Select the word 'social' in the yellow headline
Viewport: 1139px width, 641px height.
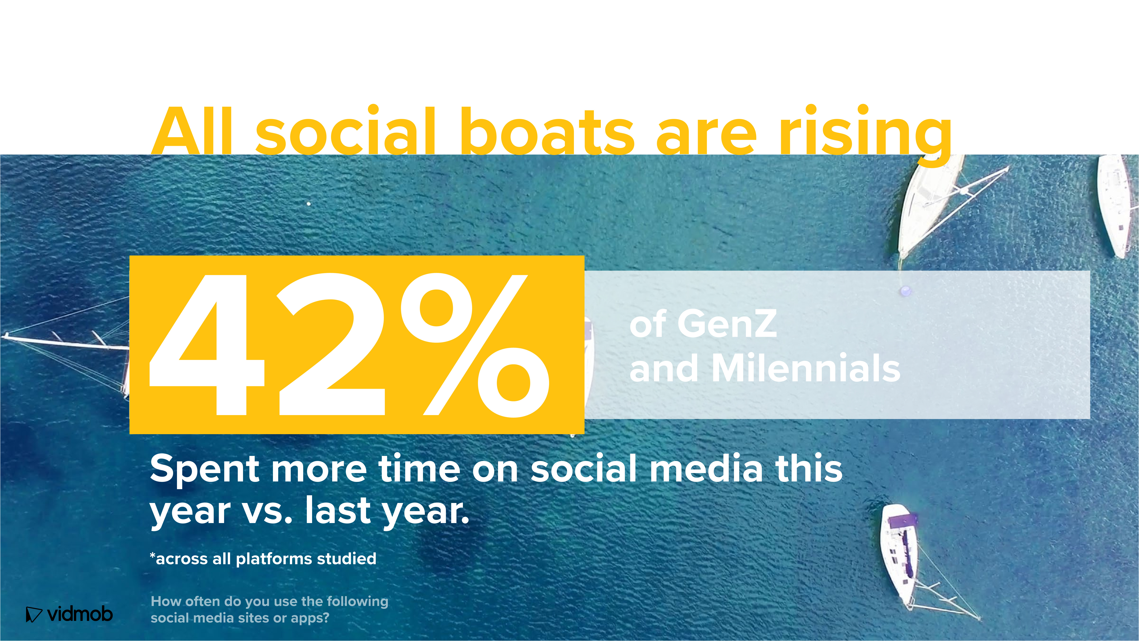(346, 130)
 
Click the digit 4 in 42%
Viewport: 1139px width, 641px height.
(207, 345)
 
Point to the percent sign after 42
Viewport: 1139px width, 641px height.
(475, 345)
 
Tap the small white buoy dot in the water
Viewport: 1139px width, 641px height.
(309, 204)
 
